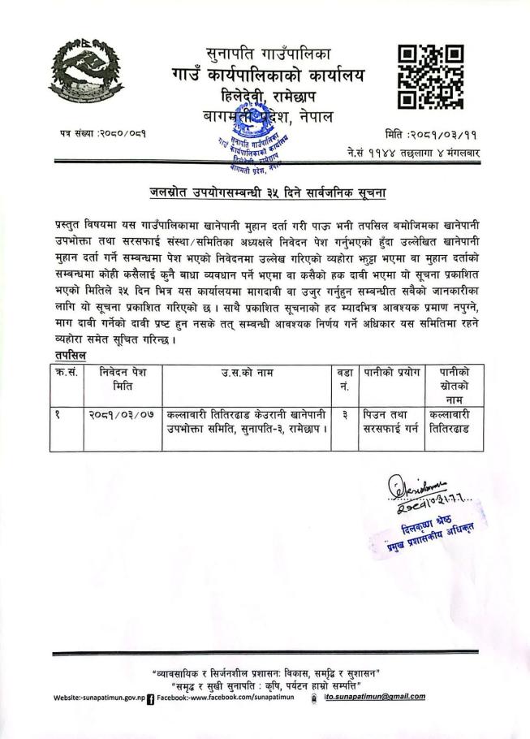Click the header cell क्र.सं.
tap(67, 374)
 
